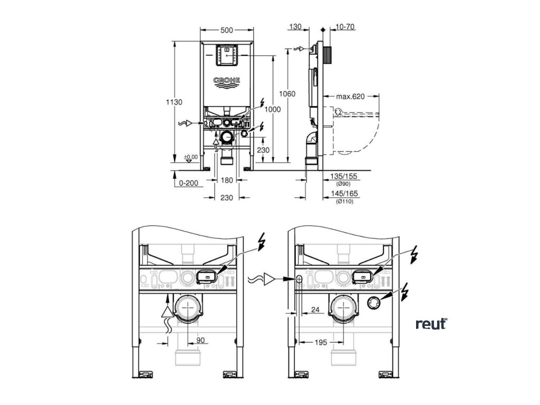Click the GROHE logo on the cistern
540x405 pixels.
pos(226,80)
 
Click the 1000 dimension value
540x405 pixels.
pos(273,109)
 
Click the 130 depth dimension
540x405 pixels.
pos(296,25)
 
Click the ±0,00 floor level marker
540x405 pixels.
pos(190,157)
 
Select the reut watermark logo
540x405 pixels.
pos(431,324)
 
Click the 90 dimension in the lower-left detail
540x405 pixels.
pos(201,341)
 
